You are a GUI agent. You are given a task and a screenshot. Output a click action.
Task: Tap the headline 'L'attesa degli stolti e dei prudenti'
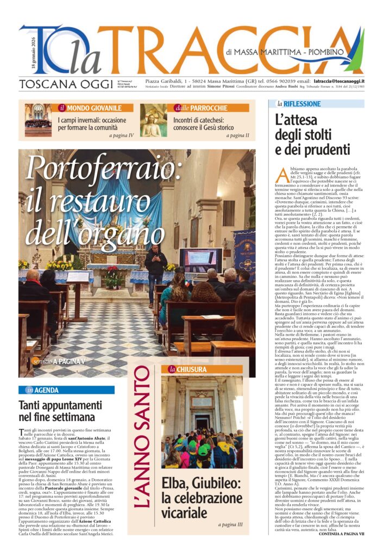[312, 134]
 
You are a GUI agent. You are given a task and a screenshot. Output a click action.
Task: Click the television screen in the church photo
[200, 259]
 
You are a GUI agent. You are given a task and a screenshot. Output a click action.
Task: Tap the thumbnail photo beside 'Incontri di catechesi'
[153, 120]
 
